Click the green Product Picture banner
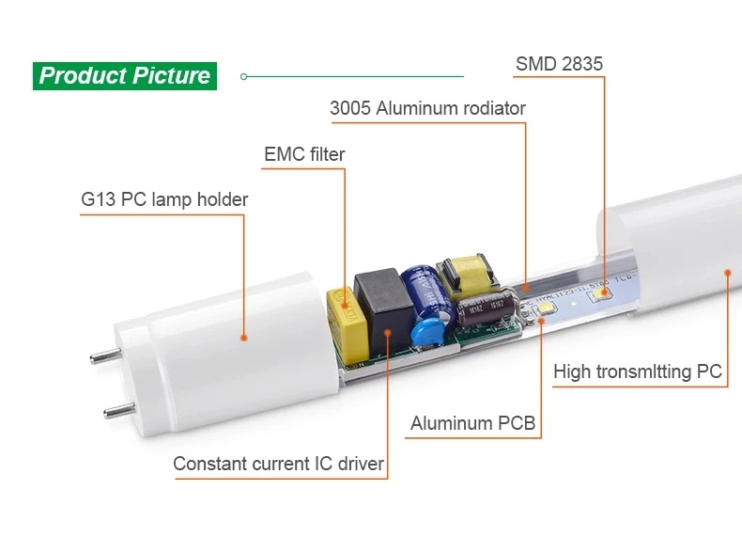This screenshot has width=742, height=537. coord(125,76)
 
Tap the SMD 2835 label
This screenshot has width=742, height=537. coord(560,64)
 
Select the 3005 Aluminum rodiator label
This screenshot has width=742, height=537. coord(427,108)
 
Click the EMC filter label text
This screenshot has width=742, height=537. coord(304,154)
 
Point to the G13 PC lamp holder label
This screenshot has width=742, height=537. coord(164,199)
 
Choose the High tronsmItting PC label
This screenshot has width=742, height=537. coord(638,371)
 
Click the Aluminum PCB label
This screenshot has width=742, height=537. coord(472,423)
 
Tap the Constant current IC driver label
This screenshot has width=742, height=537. coord(278,464)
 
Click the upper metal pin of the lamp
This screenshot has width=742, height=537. coord(106,355)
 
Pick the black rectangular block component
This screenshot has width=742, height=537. coord(384,312)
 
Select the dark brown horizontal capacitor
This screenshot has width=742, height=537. coord(486,308)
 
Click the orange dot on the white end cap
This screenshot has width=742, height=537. coord(243,338)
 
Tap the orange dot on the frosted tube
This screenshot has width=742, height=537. coord(728,273)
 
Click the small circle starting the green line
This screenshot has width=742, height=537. coord(243,76)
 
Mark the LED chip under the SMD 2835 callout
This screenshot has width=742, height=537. coord(599,294)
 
